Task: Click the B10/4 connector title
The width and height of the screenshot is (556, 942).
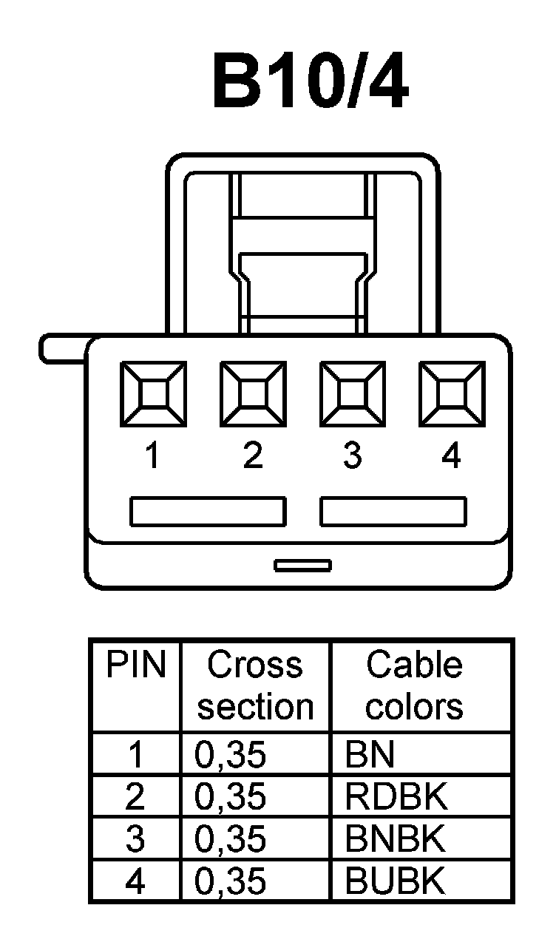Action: point(310,81)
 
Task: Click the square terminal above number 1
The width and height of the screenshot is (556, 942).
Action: point(152,393)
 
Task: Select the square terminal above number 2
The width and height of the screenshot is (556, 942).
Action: point(253,393)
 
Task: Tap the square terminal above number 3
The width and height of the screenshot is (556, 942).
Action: point(352,393)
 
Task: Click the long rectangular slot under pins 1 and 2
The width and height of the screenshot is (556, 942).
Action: point(208,512)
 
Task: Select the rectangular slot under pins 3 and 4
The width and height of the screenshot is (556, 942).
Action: point(393,512)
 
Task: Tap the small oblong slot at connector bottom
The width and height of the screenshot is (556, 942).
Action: point(302,566)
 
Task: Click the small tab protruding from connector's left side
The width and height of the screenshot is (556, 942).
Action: point(63,349)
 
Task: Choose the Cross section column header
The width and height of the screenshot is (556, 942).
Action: point(255,685)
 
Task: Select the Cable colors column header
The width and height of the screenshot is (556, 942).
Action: point(414,685)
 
